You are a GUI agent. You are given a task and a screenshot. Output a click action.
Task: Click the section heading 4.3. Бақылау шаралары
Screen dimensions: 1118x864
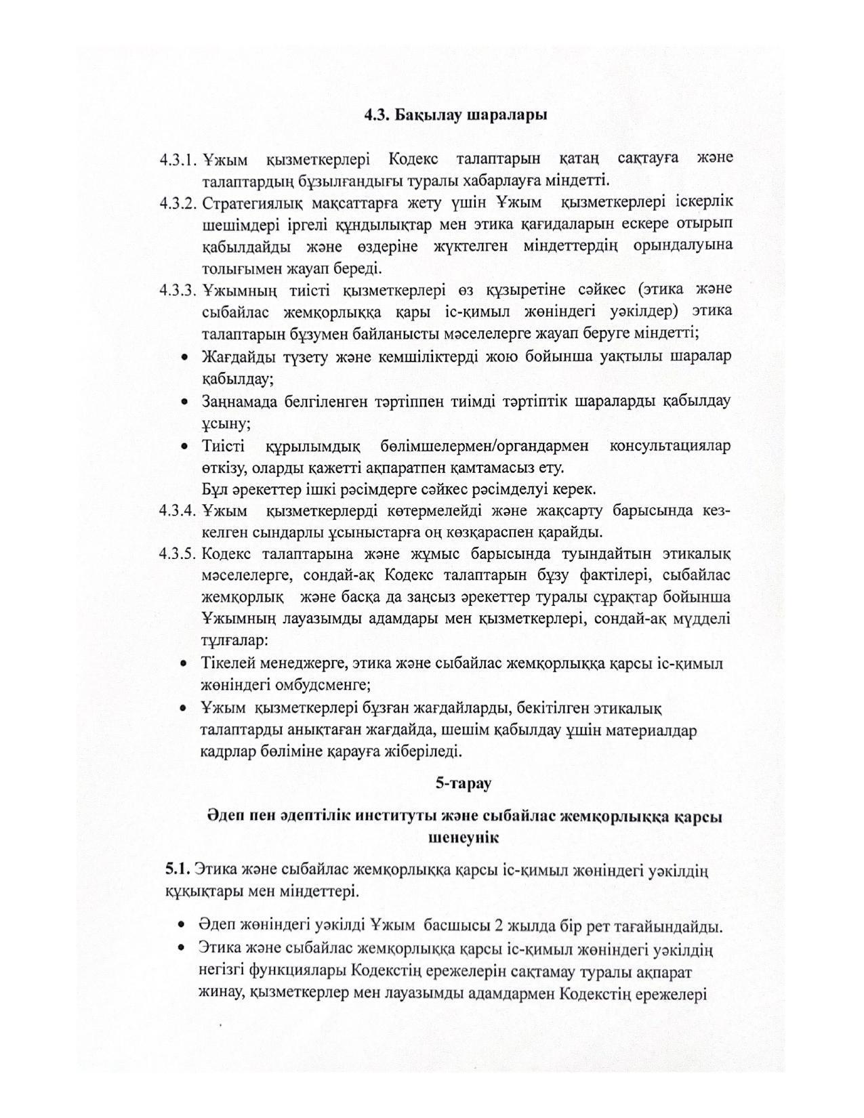(x=455, y=115)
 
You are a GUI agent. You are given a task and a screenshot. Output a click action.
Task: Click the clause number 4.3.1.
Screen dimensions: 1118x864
(x=178, y=160)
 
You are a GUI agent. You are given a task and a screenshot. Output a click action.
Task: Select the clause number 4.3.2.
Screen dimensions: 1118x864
(x=178, y=203)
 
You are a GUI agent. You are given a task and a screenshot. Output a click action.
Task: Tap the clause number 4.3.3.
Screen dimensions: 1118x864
(x=178, y=291)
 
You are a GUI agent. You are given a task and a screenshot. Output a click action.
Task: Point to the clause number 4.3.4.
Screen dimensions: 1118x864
(x=178, y=510)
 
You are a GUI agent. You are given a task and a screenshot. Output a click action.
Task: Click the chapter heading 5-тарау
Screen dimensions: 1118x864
(x=463, y=783)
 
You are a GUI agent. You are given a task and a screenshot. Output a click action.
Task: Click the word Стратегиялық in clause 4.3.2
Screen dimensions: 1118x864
(x=247, y=203)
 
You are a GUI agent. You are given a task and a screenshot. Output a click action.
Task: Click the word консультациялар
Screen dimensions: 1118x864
(x=670, y=447)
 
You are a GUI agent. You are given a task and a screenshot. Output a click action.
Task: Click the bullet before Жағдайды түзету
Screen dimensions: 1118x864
(x=184, y=357)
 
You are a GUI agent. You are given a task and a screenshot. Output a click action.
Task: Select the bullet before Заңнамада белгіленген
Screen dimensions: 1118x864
(x=184, y=402)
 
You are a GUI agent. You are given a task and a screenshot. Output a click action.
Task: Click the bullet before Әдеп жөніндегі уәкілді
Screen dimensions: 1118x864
(x=181, y=926)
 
